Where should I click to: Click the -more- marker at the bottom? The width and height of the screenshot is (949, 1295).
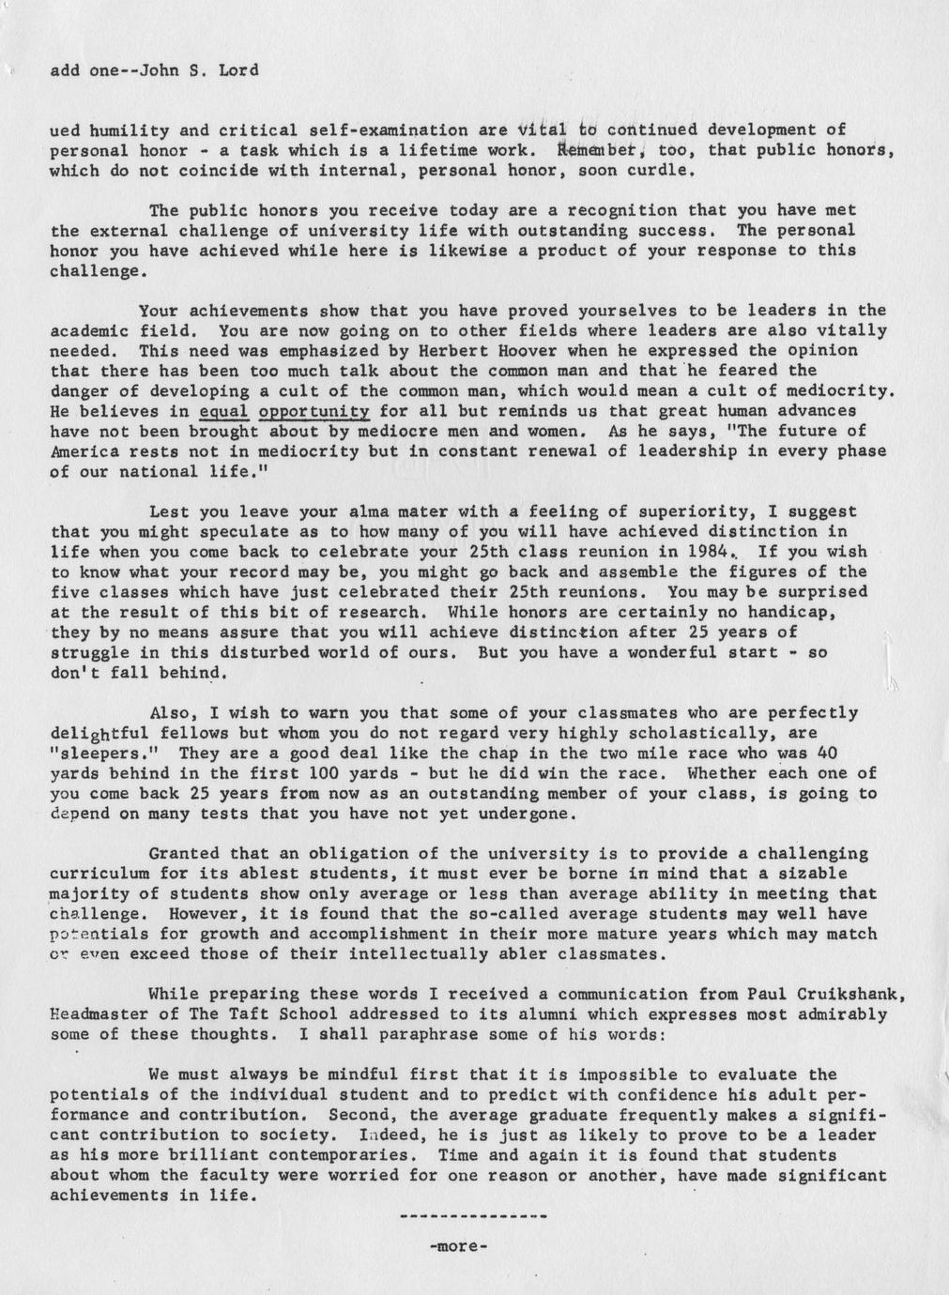pyautogui.click(x=458, y=1248)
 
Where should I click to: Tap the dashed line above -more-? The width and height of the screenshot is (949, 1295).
pyautogui.click(x=473, y=1218)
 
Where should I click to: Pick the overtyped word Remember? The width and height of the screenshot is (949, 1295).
pyautogui.click(x=600, y=150)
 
